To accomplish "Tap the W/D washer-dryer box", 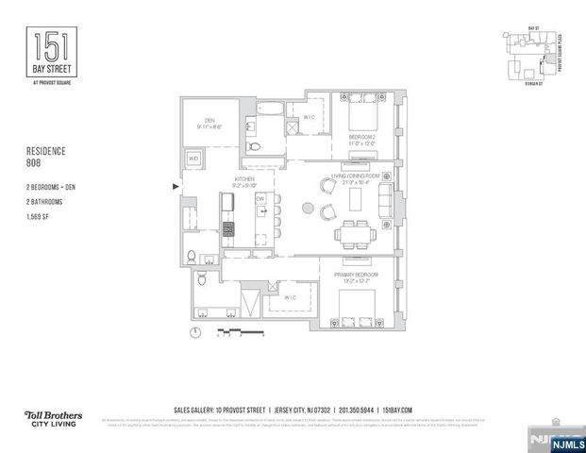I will tap(193, 159).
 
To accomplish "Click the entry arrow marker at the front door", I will tap(176, 188).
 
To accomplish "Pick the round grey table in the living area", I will tap(307, 207).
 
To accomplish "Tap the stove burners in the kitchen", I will tap(227, 227).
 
